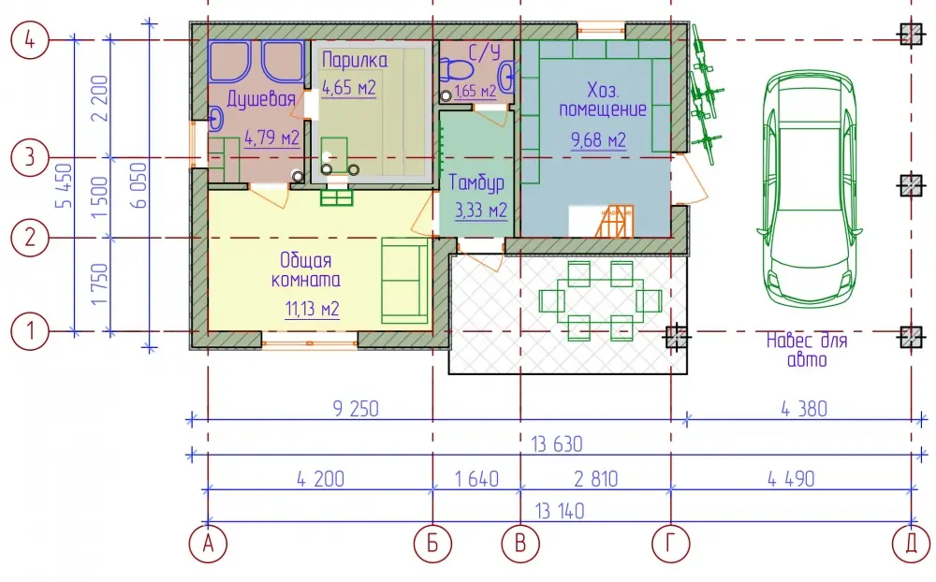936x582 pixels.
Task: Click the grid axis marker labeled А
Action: click(208, 544)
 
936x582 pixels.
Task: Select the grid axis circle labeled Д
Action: click(912, 544)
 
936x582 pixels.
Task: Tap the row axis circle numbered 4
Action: click(30, 40)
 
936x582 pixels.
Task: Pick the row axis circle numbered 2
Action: click(30, 238)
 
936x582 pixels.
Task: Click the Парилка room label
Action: click(355, 60)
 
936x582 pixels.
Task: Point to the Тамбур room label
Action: click(476, 182)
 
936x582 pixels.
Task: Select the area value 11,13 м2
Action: click(313, 309)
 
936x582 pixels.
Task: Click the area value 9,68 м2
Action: click(598, 139)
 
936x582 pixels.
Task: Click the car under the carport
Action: click(809, 190)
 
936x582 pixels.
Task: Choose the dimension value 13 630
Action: click(556, 444)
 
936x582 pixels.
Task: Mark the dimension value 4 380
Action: click(804, 409)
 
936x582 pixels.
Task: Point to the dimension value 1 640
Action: click(476, 479)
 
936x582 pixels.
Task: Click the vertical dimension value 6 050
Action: click(139, 185)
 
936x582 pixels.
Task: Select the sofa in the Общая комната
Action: click(405, 281)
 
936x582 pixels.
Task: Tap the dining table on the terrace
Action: click(600, 300)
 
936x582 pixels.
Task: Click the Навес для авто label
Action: click(807, 350)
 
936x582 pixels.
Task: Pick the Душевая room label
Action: click(261, 99)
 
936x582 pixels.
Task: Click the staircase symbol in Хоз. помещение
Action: click(617, 222)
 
